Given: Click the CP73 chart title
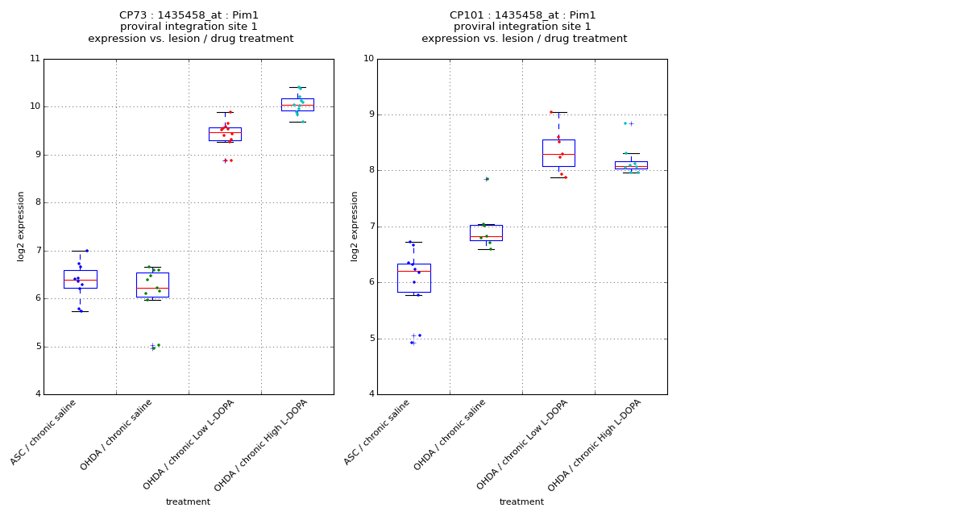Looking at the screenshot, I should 190,27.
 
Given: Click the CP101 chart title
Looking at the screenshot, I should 524,27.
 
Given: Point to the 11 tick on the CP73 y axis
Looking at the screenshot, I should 35,59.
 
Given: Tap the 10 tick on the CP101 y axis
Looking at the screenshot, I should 368,59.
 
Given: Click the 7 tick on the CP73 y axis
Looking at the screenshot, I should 35,251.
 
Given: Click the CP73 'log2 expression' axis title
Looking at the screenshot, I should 22,227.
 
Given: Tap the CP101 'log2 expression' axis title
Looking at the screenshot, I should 355,227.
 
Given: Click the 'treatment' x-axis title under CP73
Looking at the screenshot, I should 188,502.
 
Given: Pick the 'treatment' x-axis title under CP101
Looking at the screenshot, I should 521,502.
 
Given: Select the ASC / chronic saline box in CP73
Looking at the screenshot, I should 80,279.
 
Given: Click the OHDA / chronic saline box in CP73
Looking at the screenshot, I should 152,285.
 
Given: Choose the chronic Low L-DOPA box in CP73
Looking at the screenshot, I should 225,134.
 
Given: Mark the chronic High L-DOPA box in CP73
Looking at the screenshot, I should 297,104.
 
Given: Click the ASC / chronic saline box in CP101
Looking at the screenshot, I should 413,277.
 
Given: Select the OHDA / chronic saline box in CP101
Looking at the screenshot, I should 486,232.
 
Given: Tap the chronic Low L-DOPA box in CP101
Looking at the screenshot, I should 558,152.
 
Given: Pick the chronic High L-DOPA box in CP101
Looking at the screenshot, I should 631,164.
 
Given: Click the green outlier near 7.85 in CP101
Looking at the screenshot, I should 487,179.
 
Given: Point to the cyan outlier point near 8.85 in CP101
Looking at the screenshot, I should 625,123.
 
